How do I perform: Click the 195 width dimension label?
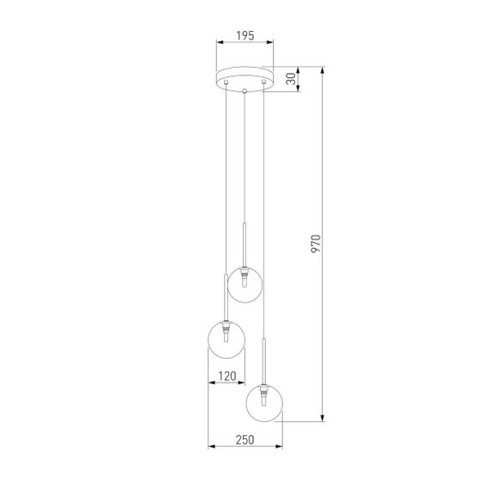tap(244, 35)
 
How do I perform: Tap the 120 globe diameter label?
tap(226, 376)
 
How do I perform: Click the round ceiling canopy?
tap(244, 78)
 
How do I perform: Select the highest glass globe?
tap(244, 284)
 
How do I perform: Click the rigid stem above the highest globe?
tap(244, 244)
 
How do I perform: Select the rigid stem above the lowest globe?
tap(264, 360)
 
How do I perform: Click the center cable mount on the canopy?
tap(244, 90)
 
